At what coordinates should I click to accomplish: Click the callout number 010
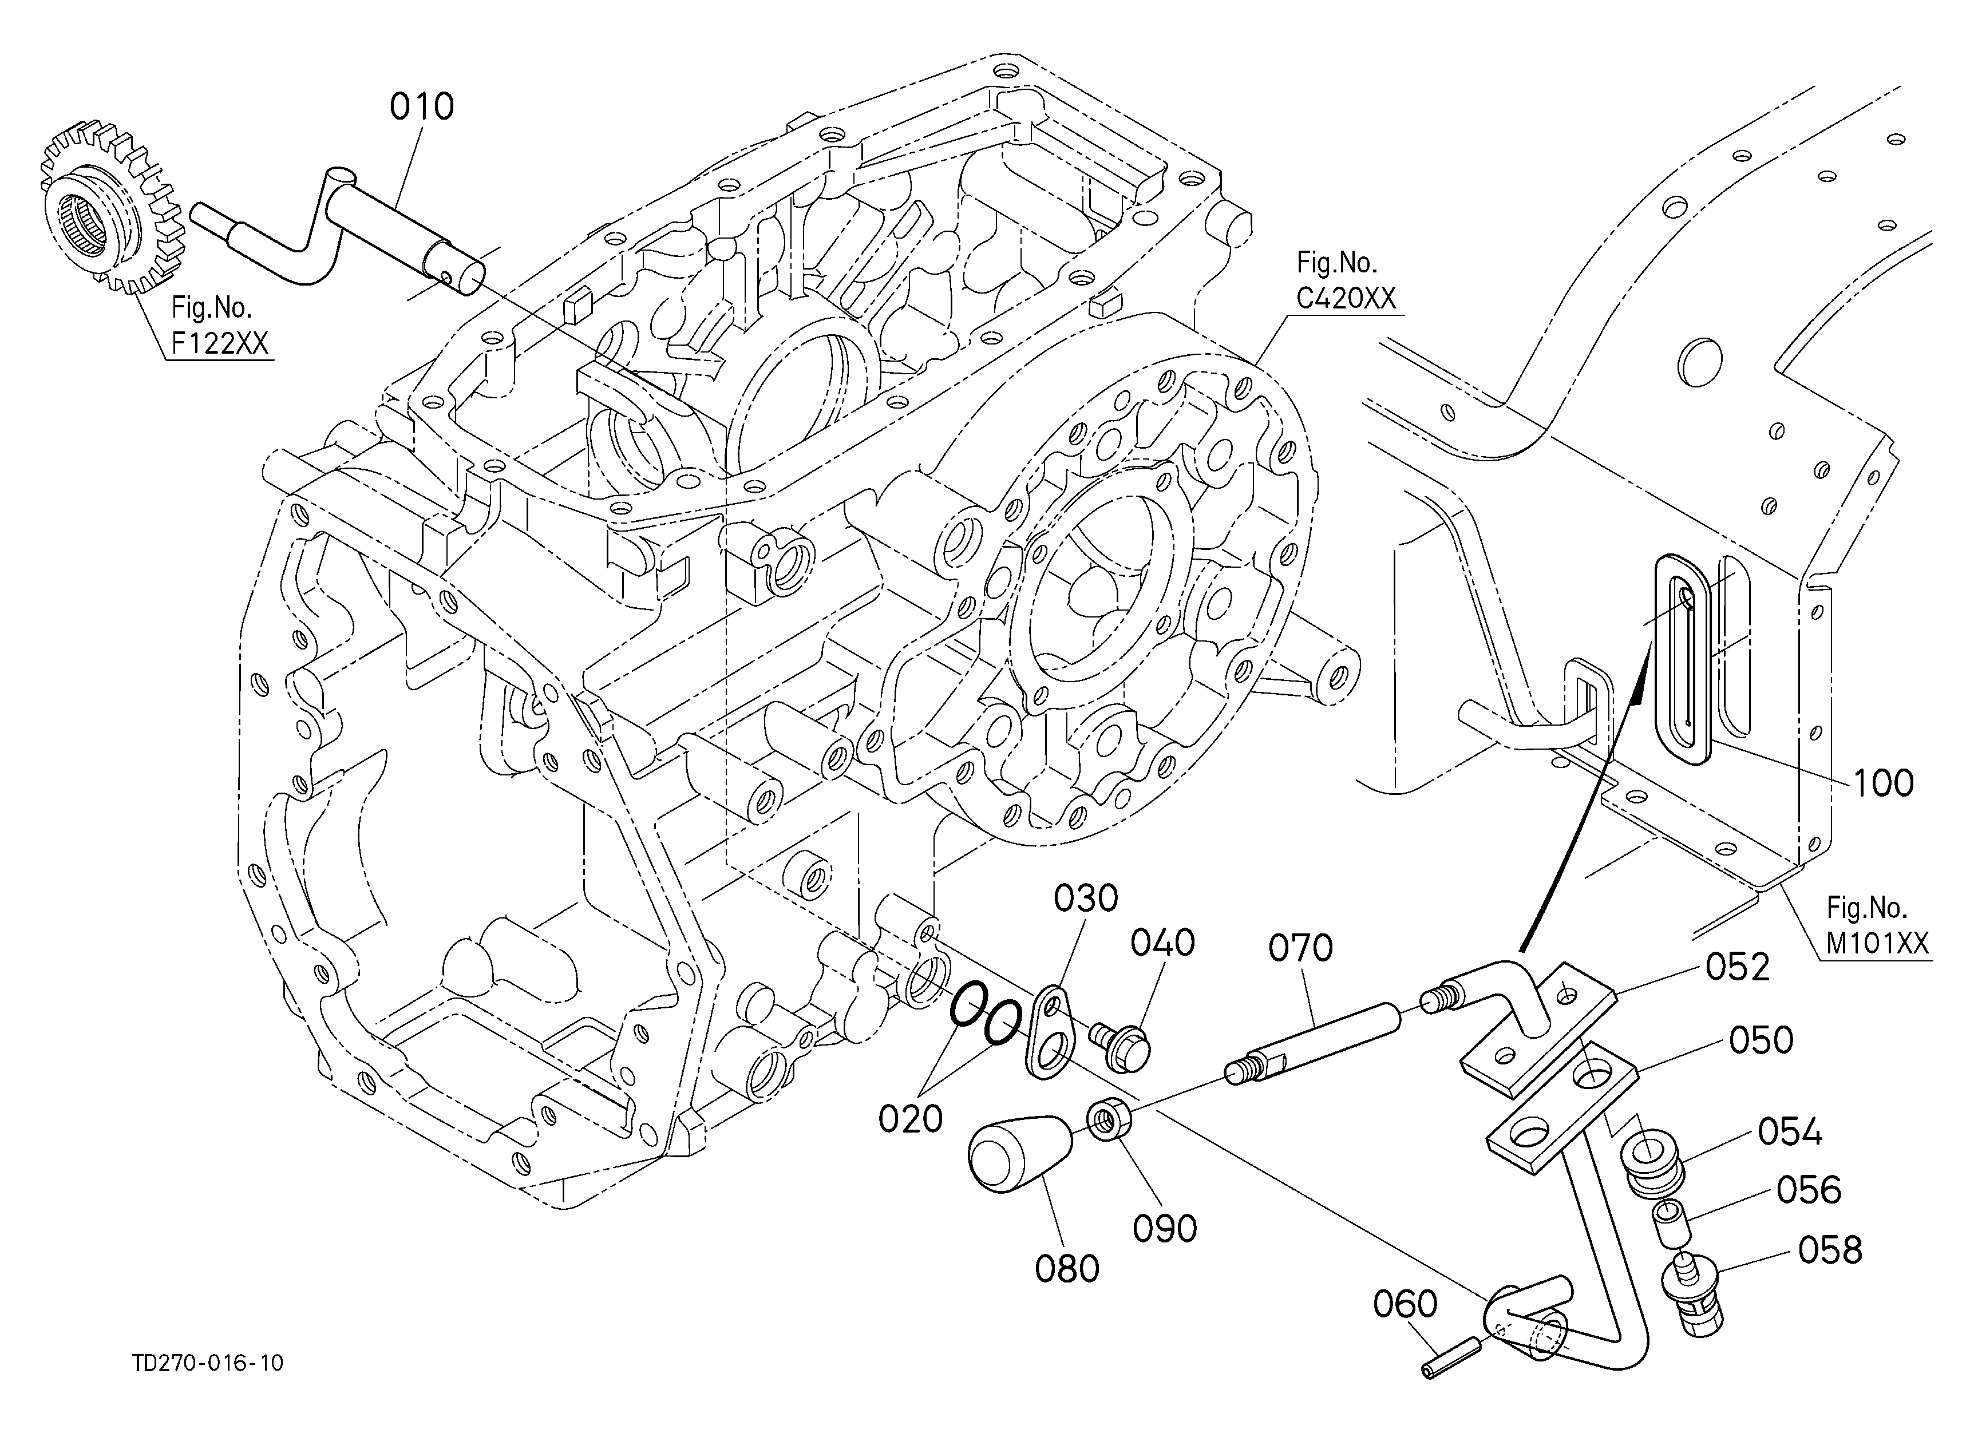[x=421, y=107]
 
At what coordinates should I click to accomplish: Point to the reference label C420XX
[x=1346, y=298]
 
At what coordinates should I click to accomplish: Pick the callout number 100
[x=1882, y=783]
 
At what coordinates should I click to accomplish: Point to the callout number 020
[x=911, y=1119]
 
